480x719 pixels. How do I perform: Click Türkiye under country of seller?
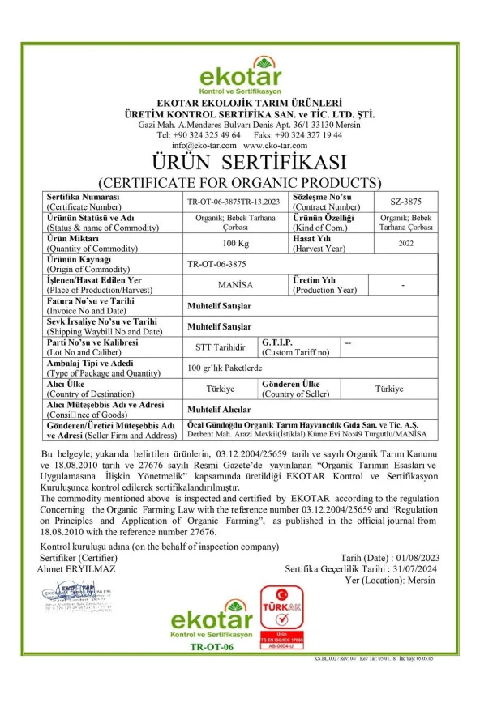[x=389, y=389]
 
